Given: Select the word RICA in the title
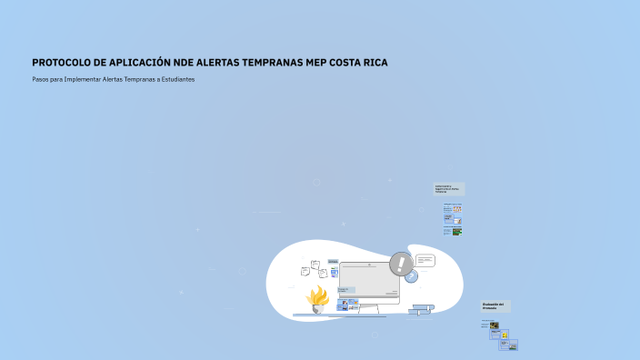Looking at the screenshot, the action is (x=373, y=63).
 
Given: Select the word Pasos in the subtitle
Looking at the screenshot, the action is (x=40, y=79).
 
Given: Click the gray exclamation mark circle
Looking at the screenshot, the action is (x=401, y=265).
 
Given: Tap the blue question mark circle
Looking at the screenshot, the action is (x=411, y=276).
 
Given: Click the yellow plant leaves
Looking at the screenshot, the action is (x=318, y=295).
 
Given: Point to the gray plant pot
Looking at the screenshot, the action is (x=318, y=308).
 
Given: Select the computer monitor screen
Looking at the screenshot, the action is (x=369, y=283).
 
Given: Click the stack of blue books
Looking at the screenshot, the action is (x=419, y=310).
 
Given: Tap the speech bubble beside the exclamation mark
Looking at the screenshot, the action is (x=425, y=261).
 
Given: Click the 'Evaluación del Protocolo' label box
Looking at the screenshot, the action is (x=495, y=306).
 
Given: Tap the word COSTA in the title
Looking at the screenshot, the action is (x=346, y=63).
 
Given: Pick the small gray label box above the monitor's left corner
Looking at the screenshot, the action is (x=333, y=261).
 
